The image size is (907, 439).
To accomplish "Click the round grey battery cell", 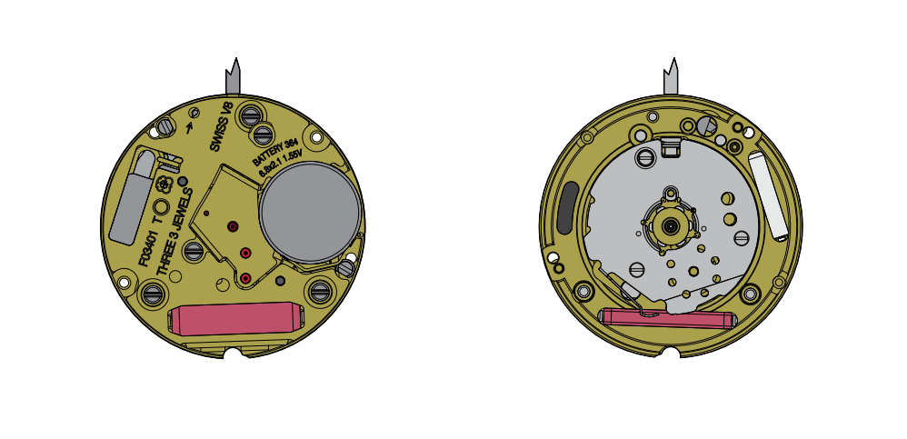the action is [310, 213].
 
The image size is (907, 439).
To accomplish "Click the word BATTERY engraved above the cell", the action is [266, 155].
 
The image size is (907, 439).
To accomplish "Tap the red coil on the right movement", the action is [668, 318].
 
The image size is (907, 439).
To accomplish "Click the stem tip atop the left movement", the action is [235, 58].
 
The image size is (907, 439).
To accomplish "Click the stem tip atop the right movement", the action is [673, 58].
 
